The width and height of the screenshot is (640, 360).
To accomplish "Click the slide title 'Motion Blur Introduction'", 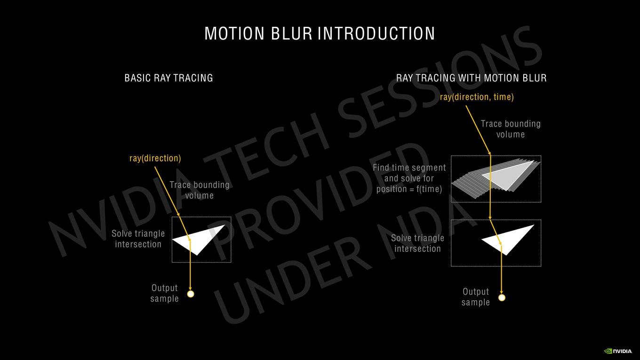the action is [x=320, y=33].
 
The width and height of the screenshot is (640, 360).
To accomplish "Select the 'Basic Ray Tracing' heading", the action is [x=168, y=78].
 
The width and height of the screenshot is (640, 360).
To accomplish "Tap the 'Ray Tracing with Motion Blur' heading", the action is [x=471, y=78].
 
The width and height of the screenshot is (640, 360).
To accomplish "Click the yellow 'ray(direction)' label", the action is [x=155, y=158].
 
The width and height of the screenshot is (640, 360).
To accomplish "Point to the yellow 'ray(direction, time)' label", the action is [x=477, y=97].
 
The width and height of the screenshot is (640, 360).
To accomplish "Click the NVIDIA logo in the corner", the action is [x=618, y=351].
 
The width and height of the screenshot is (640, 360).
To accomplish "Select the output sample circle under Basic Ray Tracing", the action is [x=191, y=294].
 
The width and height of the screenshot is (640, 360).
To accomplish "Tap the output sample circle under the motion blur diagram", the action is [x=502, y=298].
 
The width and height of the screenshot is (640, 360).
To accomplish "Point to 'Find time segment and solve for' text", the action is [x=409, y=173].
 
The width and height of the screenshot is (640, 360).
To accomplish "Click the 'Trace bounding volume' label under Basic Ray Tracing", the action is [x=200, y=190].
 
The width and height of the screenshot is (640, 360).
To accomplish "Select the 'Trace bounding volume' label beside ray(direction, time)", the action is [x=511, y=129].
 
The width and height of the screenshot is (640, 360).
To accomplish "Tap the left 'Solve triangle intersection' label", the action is [x=138, y=239].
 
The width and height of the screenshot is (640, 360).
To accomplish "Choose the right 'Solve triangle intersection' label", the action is [x=417, y=243].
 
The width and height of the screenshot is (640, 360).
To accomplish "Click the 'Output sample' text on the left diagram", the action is [x=164, y=293].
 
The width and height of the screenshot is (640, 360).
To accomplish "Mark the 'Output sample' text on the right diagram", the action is [x=476, y=297].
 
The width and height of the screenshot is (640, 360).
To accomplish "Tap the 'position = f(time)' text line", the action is [x=409, y=189].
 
